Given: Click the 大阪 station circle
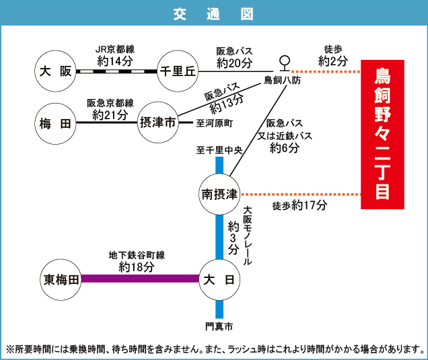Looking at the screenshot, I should pos(55,71).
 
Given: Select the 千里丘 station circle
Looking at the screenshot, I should pos(176,71).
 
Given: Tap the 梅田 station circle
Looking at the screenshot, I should pos(55,122).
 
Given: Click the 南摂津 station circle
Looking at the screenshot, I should pos(219,194).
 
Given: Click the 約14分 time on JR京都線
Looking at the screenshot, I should pos(115,61).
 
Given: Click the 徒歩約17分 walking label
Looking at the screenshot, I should pos(299,205).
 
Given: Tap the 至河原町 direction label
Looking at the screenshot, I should pos(214,124).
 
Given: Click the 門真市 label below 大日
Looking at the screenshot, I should pos(219,326).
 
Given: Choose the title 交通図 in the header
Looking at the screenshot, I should pos(214,13).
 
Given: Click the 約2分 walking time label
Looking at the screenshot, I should pos(334,61).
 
